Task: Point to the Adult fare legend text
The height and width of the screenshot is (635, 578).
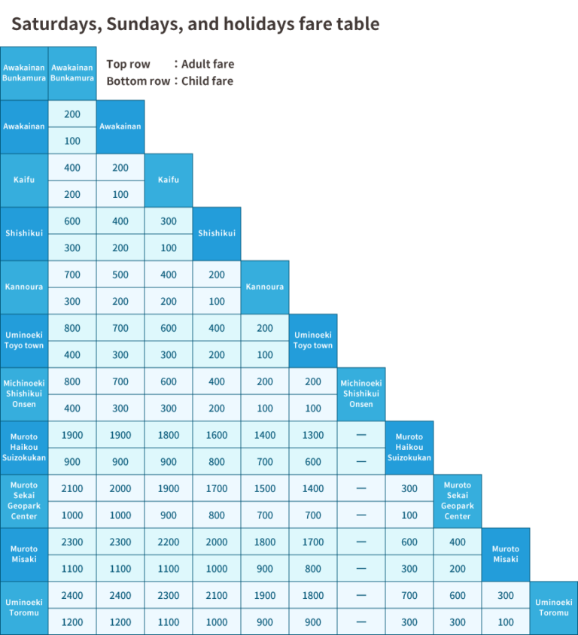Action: tap(207, 64)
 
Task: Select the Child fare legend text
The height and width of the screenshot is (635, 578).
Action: tap(207, 81)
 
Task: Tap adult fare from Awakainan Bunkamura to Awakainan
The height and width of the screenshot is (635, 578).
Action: tap(72, 114)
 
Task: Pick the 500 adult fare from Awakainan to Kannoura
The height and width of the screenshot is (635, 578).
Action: tap(120, 275)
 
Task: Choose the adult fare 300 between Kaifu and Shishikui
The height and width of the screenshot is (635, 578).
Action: tap(169, 221)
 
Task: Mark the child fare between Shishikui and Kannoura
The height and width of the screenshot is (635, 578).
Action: tap(217, 302)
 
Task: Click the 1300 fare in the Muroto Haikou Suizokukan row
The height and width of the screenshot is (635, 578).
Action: tap(313, 435)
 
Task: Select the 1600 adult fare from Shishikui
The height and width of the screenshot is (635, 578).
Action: tap(217, 435)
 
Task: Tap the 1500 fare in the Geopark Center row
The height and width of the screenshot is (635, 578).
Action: tap(265, 488)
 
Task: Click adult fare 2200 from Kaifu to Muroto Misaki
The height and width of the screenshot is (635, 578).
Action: tap(169, 542)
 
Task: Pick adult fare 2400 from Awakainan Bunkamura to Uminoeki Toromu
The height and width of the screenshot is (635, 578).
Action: tap(72, 595)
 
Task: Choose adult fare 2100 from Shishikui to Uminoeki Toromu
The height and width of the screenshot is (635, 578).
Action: tap(217, 595)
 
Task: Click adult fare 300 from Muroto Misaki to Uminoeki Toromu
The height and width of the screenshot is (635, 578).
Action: tap(506, 595)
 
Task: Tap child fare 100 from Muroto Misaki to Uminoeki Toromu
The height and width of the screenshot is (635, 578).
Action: tap(506, 622)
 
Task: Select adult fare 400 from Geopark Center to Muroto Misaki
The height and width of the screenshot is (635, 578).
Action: tap(458, 542)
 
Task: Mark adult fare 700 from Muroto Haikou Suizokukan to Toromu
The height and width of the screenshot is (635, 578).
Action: tap(409, 595)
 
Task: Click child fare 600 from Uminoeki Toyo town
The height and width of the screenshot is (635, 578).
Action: tap(313, 462)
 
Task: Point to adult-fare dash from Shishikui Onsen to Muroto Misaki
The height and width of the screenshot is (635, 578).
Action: tap(361, 542)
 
